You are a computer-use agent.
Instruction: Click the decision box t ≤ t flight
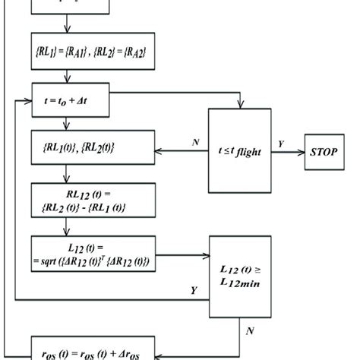pyautogui.click(x=240, y=151)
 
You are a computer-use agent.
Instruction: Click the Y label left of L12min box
pyautogui.click(x=195, y=290)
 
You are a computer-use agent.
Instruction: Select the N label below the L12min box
pyautogui.click(x=250, y=331)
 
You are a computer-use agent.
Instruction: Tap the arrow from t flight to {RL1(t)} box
pyautogui.click(x=182, y=151)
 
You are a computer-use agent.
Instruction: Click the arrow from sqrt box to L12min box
pyautogui.click(x=182, y=257)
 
